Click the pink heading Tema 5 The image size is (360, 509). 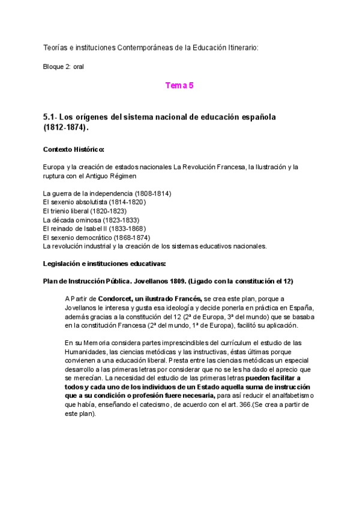tap(179, 86)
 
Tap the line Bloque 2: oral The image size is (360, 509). tap(64, 67)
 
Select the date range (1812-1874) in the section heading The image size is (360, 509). tap(65, 128)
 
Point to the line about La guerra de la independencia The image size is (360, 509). tap(107, 194)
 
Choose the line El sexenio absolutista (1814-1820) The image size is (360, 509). tap(94, 202)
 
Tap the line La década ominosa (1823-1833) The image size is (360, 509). tap(90, 220)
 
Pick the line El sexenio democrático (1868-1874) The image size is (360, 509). tap(96, 237)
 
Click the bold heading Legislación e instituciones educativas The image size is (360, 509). tap(108, 264)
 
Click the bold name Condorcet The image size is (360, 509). tap(115, 298)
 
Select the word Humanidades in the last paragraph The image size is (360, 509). tap(85, 351)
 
